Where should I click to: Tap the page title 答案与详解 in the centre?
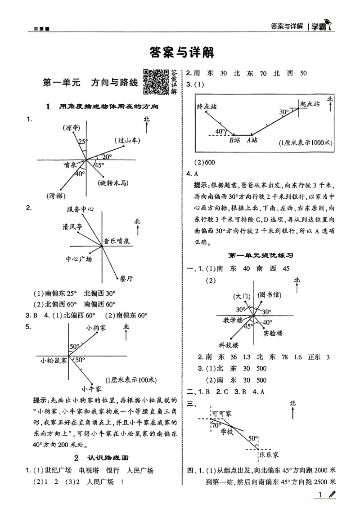(181, 53)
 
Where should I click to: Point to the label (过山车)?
(127, 140)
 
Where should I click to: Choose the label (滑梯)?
(55, 195)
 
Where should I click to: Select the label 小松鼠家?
(53, 360)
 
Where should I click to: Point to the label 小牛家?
(91, 388)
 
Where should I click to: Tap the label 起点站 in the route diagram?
(310, 103)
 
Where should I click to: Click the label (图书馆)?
(269, 294)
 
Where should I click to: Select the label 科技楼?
(229, 345)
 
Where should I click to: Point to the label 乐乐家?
(270, 455)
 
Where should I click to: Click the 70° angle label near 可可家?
(216, 425)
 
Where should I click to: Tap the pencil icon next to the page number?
(332, 495)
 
